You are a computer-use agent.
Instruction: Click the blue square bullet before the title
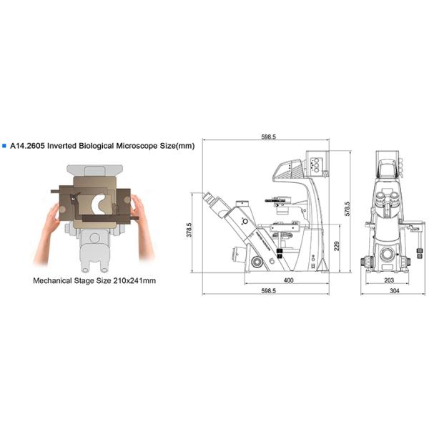tap(4, 146)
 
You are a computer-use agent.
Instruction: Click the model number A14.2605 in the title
tap(27, 146)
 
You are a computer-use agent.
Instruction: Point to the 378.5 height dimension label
tap(189, 230)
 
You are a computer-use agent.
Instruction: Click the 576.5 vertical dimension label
tap(347, 209)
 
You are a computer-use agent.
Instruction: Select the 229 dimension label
tap(337, 246)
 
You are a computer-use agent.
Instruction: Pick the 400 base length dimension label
tap(288, 280)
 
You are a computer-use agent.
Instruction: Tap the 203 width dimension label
tap(389, 280)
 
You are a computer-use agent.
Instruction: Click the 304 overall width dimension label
tap(394, 290)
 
